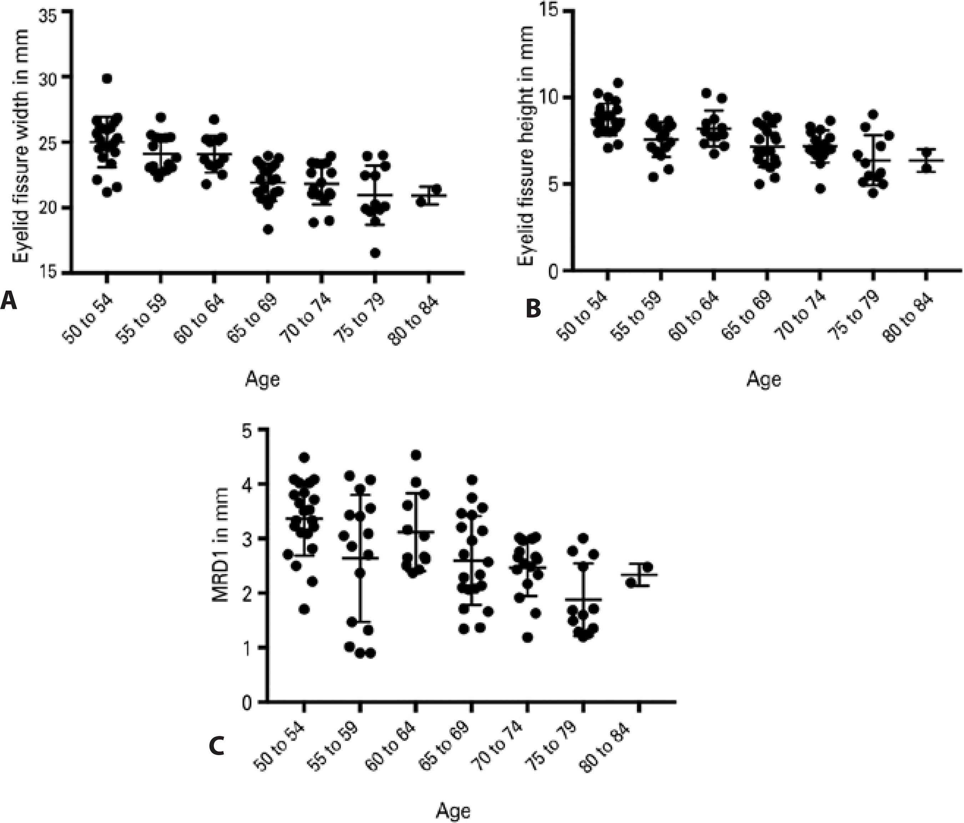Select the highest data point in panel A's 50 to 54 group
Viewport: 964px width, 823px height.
(107, 78)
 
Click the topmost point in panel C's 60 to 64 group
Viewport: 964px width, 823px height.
(416, 455)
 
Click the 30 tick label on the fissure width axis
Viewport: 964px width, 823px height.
(51, 77)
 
